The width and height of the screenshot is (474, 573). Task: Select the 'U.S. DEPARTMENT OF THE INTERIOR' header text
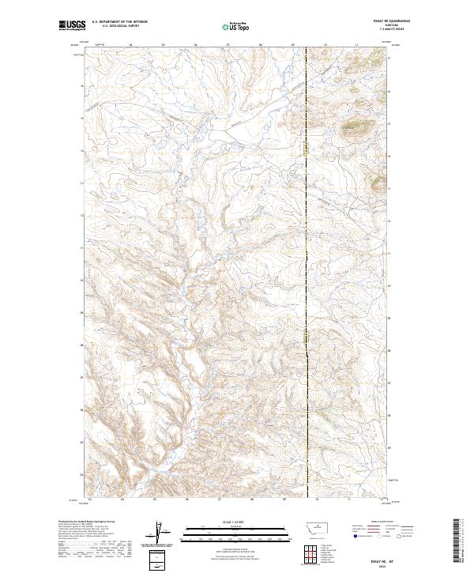coord(119,22)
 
